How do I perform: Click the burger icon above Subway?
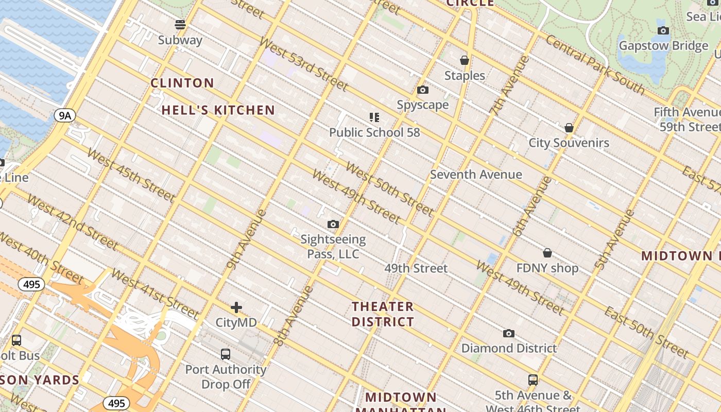click(180, 24)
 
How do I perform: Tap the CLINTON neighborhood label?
click(182, 83)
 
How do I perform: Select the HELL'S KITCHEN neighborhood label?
click(218, 110)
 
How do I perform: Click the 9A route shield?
click(64, 115)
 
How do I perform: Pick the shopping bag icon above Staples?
click(465, 60)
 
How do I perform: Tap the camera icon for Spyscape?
click(423, 90)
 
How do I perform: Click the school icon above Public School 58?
click(374, 117)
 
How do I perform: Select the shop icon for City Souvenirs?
click(569, 128)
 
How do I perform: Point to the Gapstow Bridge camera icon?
click(663, 30)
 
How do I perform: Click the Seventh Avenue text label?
click(476, 175)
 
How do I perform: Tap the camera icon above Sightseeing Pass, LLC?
click(333, 225)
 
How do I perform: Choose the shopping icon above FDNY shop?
click(547, 253)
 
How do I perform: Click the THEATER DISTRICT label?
click(383, 314)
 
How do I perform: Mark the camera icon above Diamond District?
click(509, 334)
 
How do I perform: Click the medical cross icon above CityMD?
click(236, 308)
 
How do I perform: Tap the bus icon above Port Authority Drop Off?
click(226, 354)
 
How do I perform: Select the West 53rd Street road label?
click(297, 65)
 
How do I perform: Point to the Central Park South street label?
click(595, 64)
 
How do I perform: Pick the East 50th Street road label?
click(646, 332)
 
